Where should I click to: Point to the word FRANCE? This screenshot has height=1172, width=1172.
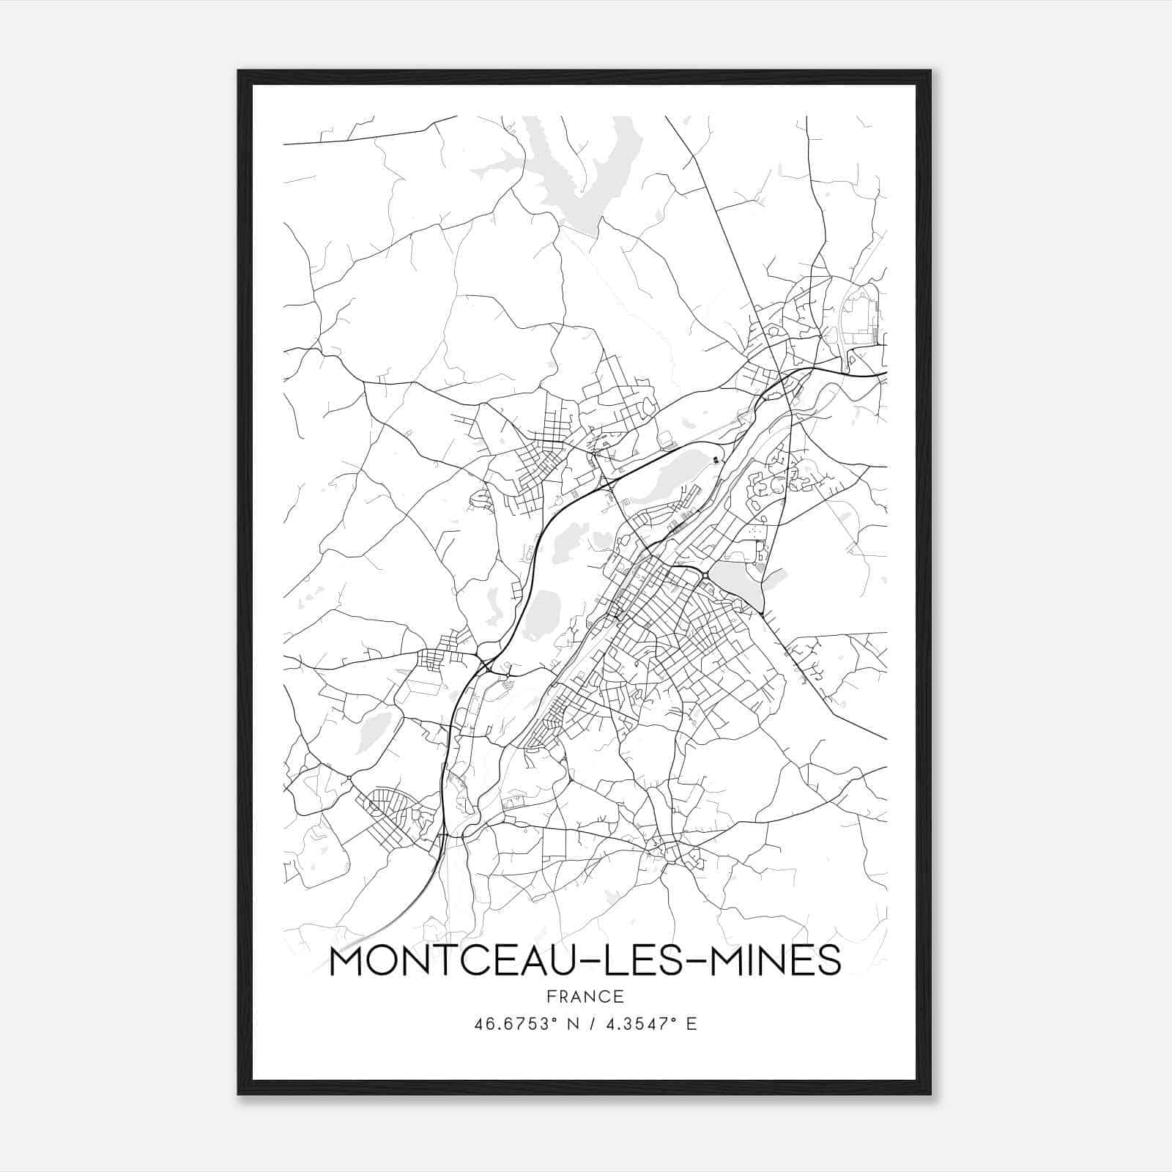point(585,996)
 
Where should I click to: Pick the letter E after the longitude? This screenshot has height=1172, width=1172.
point(691,1023)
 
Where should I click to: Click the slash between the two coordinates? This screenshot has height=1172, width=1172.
point(585,1023)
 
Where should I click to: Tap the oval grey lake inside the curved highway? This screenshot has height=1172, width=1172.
point(544,611)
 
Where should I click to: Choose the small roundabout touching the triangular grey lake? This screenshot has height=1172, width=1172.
point(705,576)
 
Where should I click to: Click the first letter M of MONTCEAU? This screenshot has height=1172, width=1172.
point(349,961)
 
